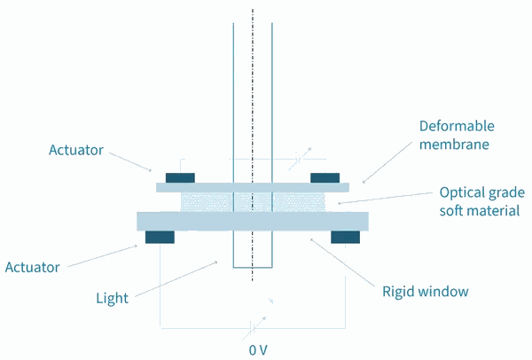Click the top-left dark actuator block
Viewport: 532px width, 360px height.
pyautogui.click(x=180, y=178)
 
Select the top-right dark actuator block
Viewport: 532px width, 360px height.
pyautogui.click(x=325, y=178)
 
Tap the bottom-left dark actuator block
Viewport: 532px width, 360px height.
pyautogui.click(x=160, y=237)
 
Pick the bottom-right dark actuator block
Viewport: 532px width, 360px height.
pyautogui.click(x=346, y=237)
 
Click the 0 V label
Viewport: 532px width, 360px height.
pyautogui.click(x=258, y=350)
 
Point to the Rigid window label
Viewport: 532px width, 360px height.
pyautogui.click(x=426, y=292)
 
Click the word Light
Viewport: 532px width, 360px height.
pyautogui.click(x=113, y=298)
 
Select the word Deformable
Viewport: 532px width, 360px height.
pyautogui.click(x=457, y=126)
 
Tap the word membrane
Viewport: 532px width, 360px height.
pyautogui.click(x=454, y=145)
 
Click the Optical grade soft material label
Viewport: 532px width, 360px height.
pyautogui.click(x=482, y=201)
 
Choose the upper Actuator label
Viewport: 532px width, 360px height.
pyautogui.click(x=76, y=150)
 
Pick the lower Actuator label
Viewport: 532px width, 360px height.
pyautogui.click(x=33, y=268)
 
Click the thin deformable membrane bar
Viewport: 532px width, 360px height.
pyautogui.click(x=253, y=187)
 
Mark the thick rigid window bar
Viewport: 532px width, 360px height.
pyautogui.click(x=253, y=221)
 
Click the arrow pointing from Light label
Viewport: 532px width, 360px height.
pyautogui.click(x=176, y=279)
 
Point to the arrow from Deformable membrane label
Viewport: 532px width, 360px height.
pyautogui.click(x=387, y=162)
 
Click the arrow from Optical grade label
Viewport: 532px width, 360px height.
pyautogui.click(x=385, y=198)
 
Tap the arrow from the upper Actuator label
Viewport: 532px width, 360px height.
pyautogui.click(x=130, y=162)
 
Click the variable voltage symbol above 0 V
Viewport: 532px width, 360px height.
pyautogui.click(x=254, y=328)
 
